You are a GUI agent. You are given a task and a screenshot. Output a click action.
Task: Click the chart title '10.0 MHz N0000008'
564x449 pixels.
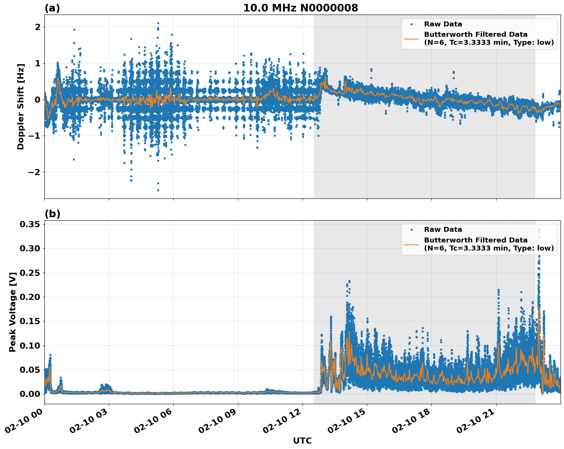pyautogui.click(x=300, y=8)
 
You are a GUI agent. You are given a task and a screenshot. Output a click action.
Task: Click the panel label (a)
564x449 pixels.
pyautogui.click(x=52, y=8)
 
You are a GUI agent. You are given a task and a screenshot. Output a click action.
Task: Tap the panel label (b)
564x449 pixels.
pyautogui.click(x=52, y=214)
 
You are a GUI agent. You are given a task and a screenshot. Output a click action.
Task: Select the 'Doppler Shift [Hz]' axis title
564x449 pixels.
pyautogui.click(x=21, y=107)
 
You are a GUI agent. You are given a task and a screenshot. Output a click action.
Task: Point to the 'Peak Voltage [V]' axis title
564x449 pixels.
pyautogui.click(x=13, y=312)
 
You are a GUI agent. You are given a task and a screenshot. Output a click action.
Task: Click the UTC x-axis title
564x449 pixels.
pyautogui.click(x=302, y=441)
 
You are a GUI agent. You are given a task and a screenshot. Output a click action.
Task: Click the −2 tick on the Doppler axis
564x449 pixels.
pyautogui.click(x=34, y=172)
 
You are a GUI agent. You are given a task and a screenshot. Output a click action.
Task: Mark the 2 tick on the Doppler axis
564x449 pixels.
pyautogui.click(x=38, y=27)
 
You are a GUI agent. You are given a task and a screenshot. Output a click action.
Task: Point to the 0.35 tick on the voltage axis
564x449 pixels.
pyautogui.click(x=30, y=224)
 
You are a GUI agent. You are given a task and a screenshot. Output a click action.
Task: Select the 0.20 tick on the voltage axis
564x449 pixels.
pyautogui.click(x=30, y=297)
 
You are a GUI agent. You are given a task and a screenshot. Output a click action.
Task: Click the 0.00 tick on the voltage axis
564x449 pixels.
pyautogui.click(x=30, y=394)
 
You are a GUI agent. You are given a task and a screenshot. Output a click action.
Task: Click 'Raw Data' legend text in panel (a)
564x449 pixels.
pyautogui.click(x=443, y=24)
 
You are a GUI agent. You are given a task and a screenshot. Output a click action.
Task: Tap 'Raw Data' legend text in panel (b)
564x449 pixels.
pyautogui.click(x=443, y=229)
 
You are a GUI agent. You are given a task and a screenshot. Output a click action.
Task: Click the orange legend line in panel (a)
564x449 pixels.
pyautogui.click(x=411, y=38)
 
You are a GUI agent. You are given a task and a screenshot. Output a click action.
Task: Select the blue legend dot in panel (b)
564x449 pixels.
pyautogui.click(x=411, y=229)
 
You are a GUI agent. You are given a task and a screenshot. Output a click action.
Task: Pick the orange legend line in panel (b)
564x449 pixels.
pyautogui.click(x=411, y=244)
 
